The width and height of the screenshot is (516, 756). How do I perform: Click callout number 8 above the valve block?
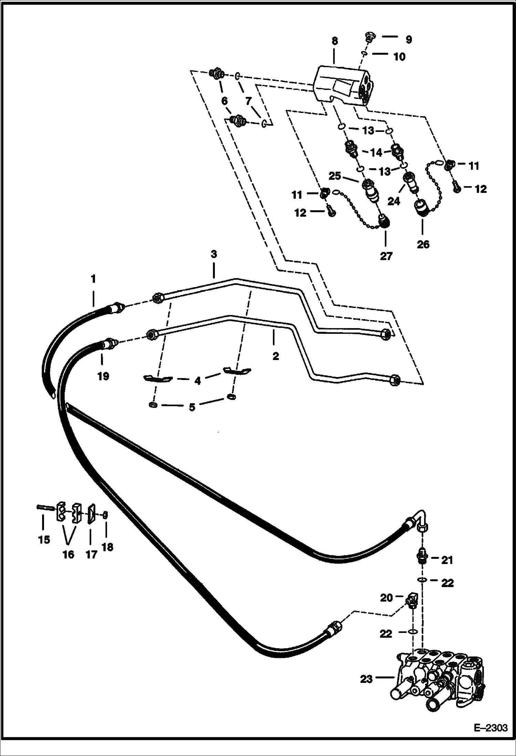[334, 41]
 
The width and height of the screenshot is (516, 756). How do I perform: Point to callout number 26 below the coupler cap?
[423, 244]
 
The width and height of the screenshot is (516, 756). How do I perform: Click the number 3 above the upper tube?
[214, 255]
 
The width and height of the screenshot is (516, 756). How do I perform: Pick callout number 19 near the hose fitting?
[103, 376]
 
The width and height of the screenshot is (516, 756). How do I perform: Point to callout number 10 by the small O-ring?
[399, 57]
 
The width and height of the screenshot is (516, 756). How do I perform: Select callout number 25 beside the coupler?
[335, 176]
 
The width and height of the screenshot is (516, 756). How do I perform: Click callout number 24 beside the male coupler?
[394, 201]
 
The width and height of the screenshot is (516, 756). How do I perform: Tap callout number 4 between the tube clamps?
[197, 381]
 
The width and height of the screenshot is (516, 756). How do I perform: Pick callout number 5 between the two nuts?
[192, 407]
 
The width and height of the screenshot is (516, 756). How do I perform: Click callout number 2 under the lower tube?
[276, 356]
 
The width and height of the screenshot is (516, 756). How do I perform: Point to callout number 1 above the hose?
[93, 278]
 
